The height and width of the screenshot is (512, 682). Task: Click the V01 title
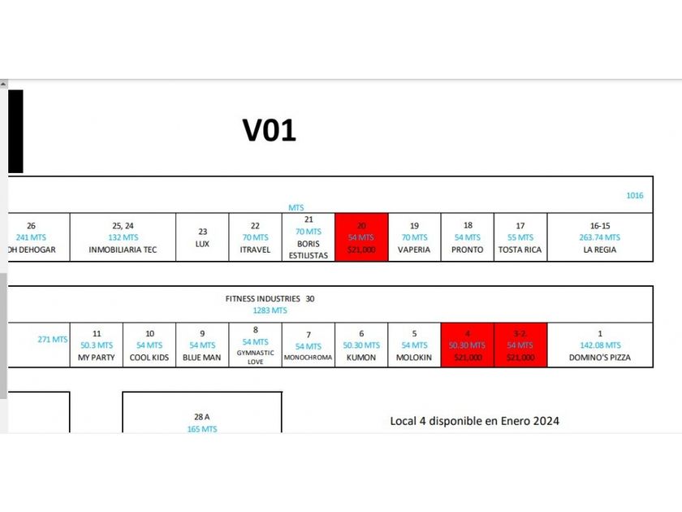(x=269, y=130)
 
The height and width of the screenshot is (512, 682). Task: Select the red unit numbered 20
(x=361, y=237)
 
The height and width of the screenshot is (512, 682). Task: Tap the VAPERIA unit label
(x=414, y=249)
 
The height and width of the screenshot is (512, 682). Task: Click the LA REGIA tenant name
(x=600, y=249)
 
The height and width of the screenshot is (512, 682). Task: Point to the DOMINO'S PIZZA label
(x=600, y=358)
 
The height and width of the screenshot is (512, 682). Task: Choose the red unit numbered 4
(x=467, y=345)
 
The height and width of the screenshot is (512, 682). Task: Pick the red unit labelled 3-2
(x=520, y=345)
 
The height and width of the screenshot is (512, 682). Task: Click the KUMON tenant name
(x=361, y=358)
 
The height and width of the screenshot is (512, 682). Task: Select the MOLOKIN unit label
(x=414, y=358)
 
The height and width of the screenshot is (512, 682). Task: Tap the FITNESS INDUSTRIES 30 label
(x=270, y=298)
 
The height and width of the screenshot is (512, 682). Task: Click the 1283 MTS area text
(x=270, y=310)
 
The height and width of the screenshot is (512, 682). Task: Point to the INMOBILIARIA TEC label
(x=123, y=249)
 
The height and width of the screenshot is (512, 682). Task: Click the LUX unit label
(x=202, y=244)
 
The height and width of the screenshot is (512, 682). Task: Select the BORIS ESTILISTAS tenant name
(x=309, y=249)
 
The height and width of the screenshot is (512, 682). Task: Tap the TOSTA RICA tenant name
(x=520, y=249)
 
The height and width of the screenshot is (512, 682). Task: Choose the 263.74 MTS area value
(x=600, y=237)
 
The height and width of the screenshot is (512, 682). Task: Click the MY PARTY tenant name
(x=97, y=358)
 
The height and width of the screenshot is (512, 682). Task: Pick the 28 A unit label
(x=202, y=417)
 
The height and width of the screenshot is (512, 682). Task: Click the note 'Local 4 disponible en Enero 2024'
(x=474, y=421)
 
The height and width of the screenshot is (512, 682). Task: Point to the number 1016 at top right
(x=634, y=196)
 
